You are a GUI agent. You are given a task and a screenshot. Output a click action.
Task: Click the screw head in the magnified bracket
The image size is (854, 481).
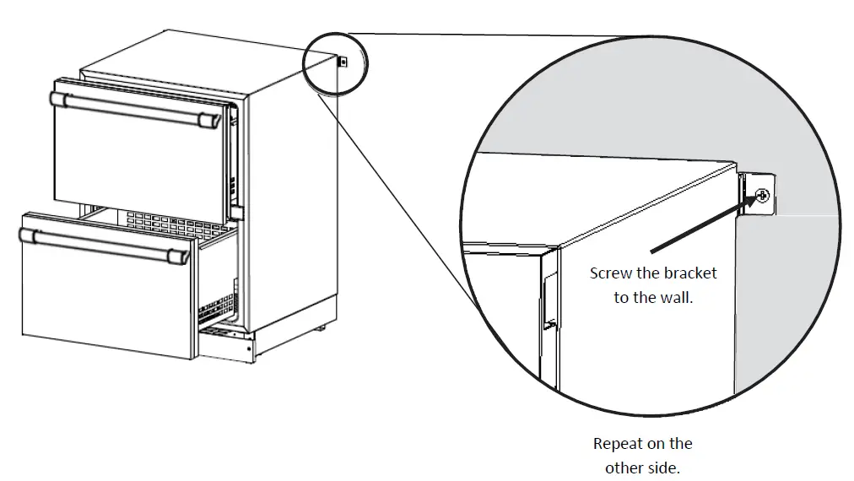[x=763, y=196]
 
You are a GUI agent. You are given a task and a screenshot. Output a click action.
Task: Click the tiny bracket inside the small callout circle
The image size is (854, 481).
[x=343, y=62]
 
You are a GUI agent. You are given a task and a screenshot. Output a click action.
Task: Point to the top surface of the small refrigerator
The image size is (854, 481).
[x=194, y=59]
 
